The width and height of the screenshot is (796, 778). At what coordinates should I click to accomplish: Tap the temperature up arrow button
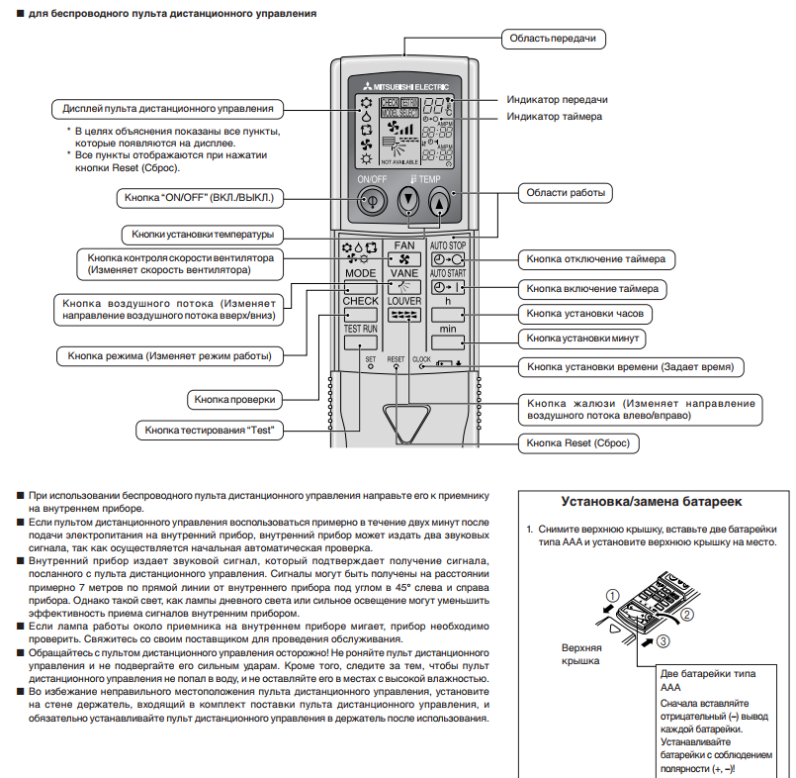click(439, 203)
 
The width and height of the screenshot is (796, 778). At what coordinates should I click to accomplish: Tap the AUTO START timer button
click(448, 289)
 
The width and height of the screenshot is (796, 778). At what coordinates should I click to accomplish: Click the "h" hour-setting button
click(448, 316)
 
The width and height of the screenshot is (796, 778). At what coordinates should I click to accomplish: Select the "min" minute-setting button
click(448, 341)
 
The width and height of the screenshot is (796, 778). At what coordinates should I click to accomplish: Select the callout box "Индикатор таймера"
click(554, 116)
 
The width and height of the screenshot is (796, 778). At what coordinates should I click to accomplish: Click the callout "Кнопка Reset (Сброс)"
click(578, 443)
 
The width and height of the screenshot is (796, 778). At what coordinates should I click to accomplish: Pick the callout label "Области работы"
click(565, 193)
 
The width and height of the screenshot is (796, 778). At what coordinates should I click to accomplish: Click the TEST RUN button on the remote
click(360, 342)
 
